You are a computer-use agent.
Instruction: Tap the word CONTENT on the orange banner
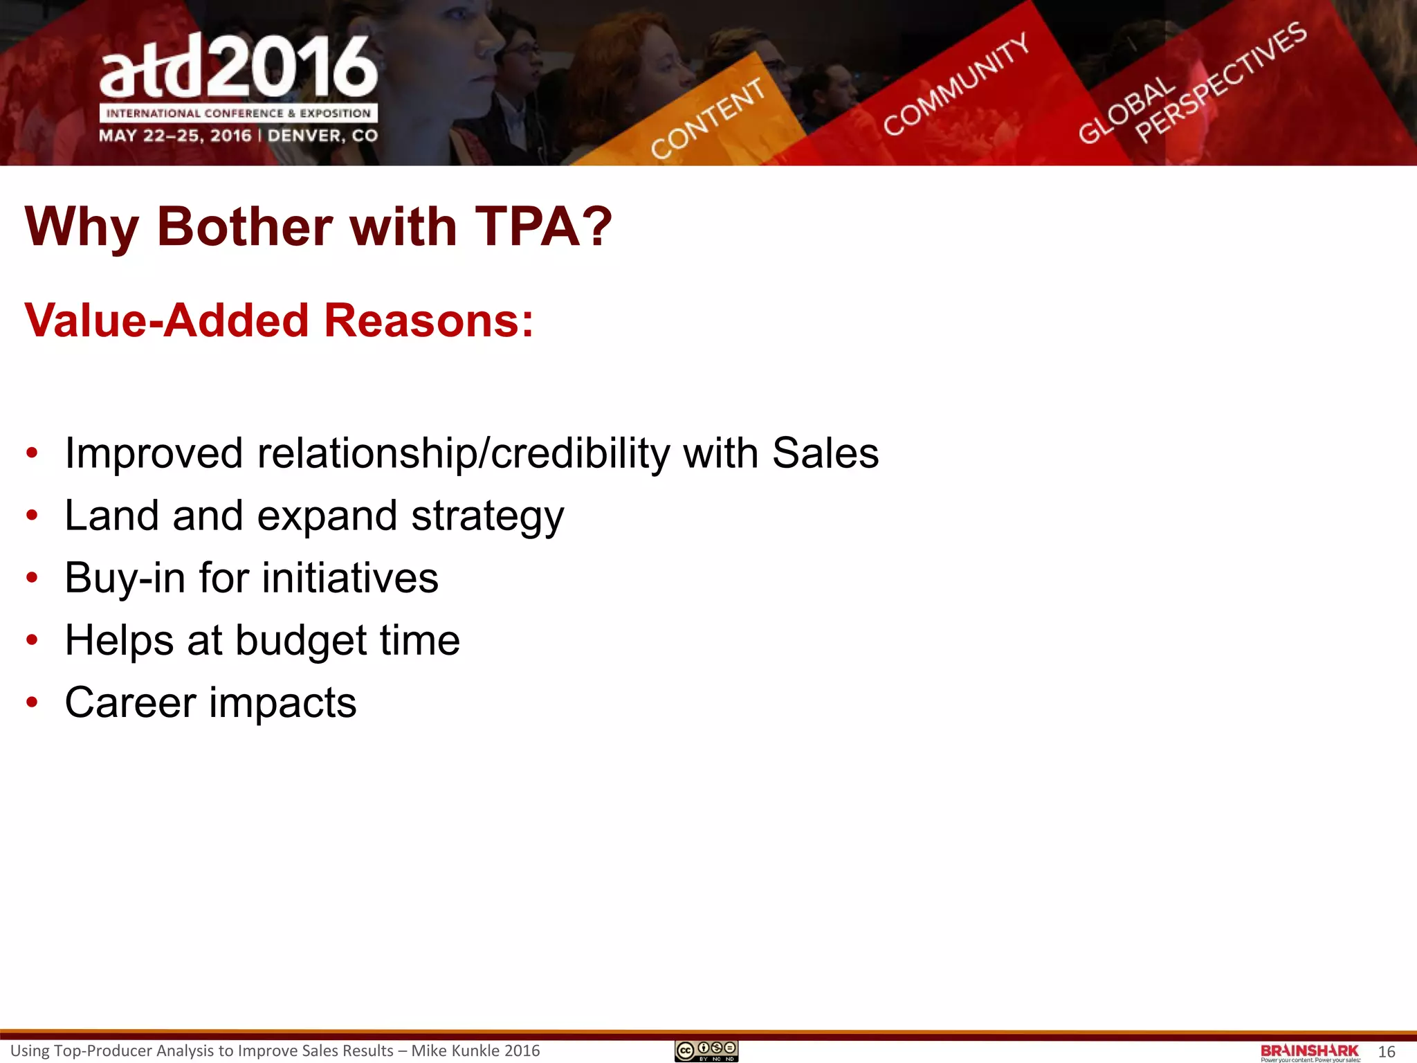point(708,118)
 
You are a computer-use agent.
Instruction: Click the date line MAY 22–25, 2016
point(174,136)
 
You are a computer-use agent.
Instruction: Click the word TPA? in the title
point(544,226)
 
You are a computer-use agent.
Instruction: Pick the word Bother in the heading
point(245,226)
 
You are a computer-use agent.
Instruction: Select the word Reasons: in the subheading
point(429,320)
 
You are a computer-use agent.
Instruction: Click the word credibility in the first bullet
point(580,453)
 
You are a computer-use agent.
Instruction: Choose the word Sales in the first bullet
point(825,453)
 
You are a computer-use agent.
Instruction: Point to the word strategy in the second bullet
point(487,517)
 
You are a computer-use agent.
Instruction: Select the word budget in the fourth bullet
point(300,641)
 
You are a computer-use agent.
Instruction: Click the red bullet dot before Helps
point(32,640)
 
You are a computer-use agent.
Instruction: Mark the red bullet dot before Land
point(32,516)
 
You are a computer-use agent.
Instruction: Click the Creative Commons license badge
point(706,1051)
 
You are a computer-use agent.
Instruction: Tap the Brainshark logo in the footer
point(1309,1052)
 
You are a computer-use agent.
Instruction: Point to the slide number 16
point(1387,1052)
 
